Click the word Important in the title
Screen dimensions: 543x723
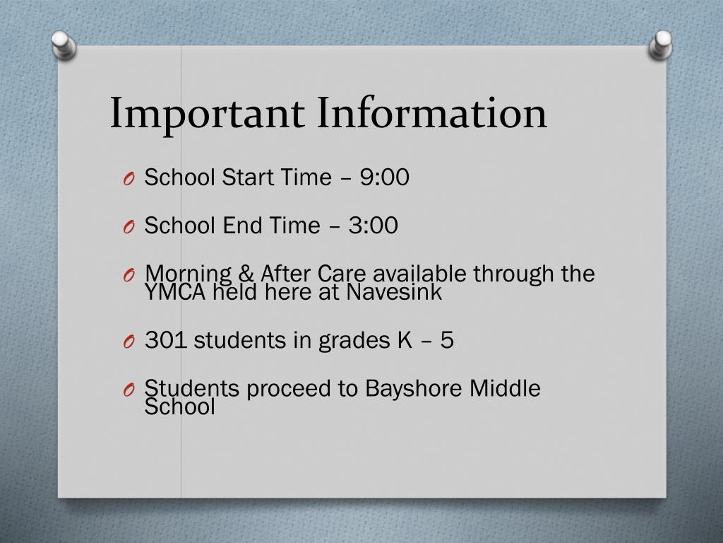tap(207, 114)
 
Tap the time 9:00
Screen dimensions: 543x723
tap(384, 177)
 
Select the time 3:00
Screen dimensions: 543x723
tap(373, 226)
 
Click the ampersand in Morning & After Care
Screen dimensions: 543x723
tap(246, 274)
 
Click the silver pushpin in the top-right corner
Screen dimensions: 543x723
tap(661, 44)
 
